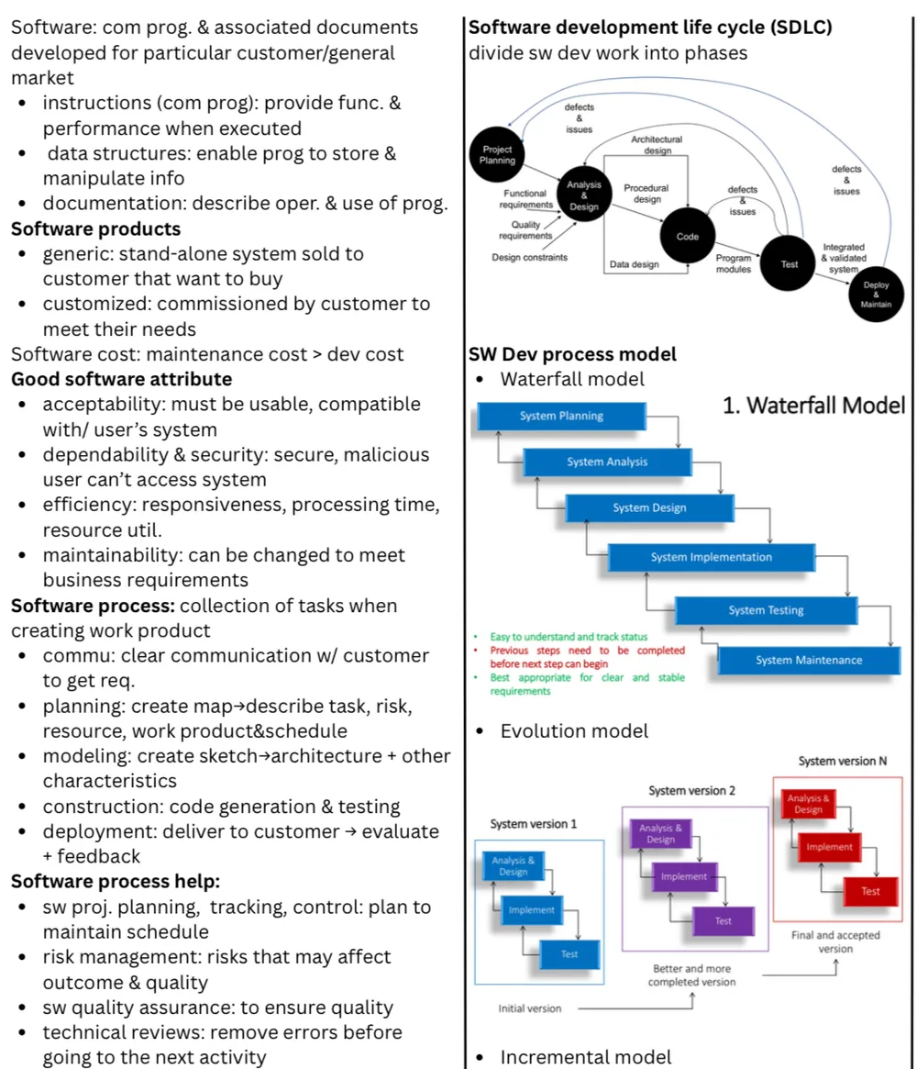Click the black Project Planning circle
(x=497, y=155)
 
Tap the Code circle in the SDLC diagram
(x=688, y=236)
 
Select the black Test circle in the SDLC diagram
(x=789, y=263)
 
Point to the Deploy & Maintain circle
(x=876, y=295)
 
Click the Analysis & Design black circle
(x=584, y=195)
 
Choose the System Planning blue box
(x=561, y=416)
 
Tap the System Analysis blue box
(x=607, y=462)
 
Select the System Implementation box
(x=712, y=557)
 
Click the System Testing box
(x=766, y=610)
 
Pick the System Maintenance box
(x=809, y=660)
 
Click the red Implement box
(x=829, y=847)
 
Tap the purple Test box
(x=723, y=921)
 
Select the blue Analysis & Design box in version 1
(x=513, y=866)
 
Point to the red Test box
(x=870, y=891)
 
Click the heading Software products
(x=96, y=229)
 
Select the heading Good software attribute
(x=122, y=379)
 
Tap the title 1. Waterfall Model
(x=814, y=406)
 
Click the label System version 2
(x=691, y=791)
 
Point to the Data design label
(x=635, y=264)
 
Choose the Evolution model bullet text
(x=574, y=731)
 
